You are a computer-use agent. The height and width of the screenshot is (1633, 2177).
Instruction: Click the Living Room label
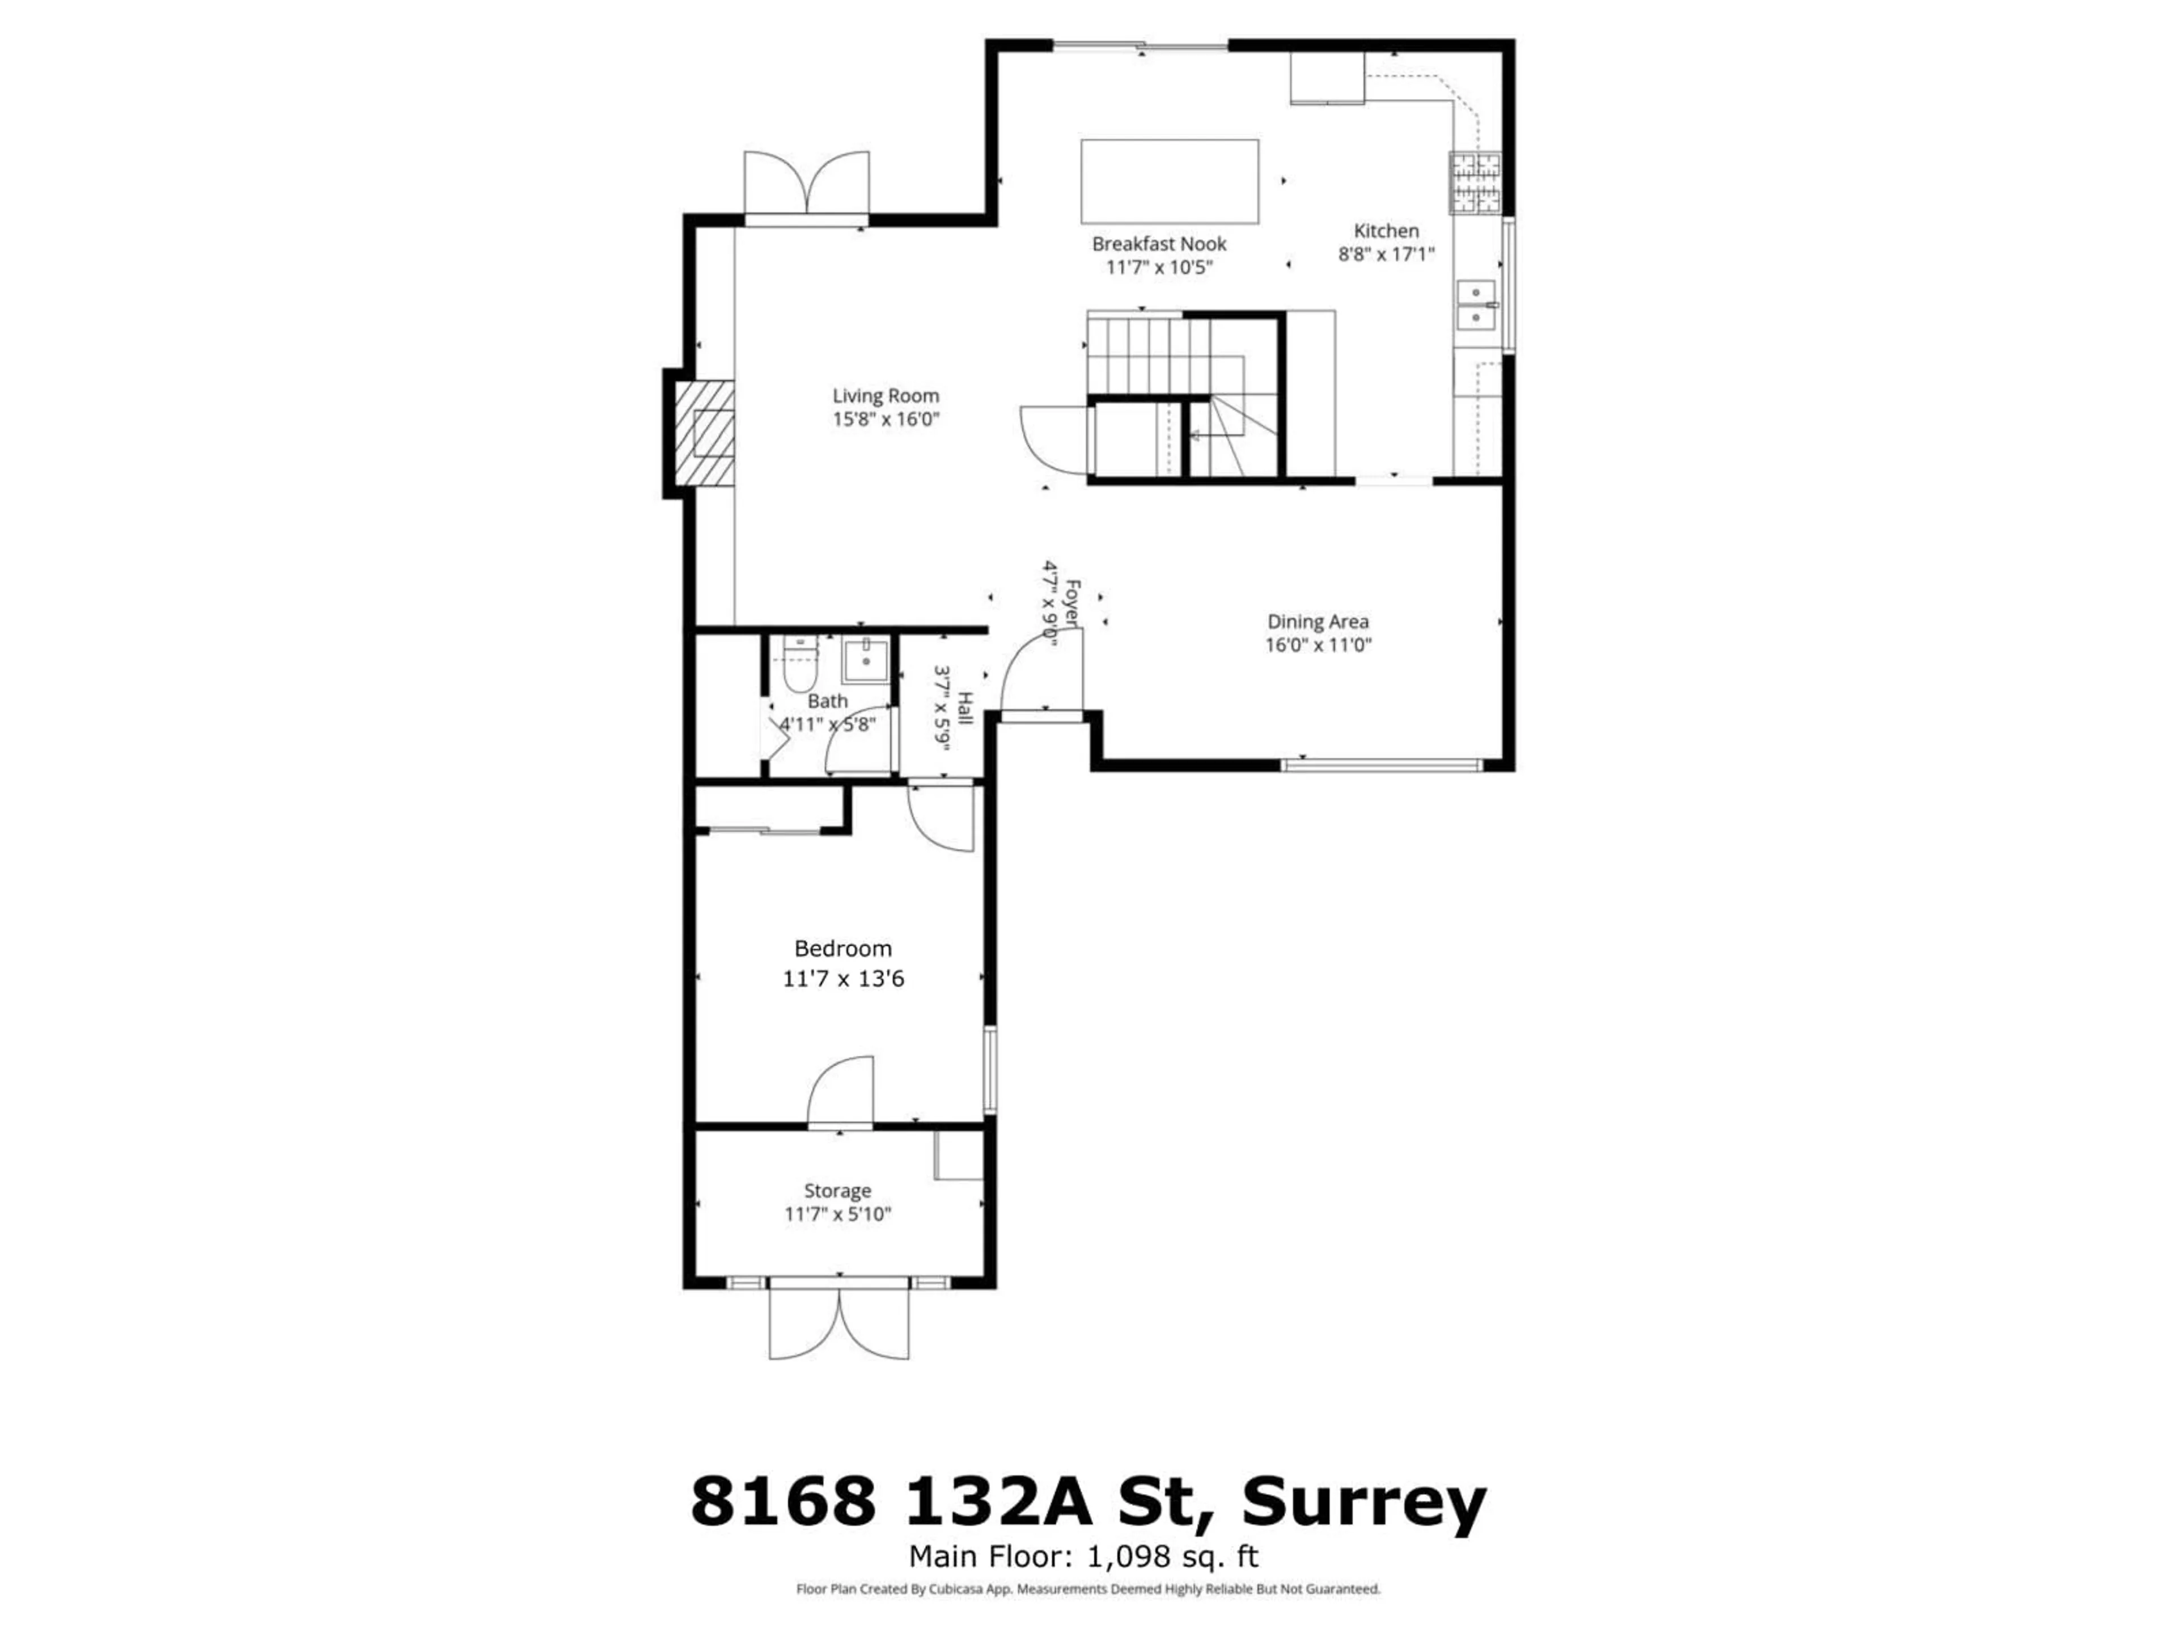(886, 396)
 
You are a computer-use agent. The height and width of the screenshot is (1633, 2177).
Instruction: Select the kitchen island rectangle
(1169, 182)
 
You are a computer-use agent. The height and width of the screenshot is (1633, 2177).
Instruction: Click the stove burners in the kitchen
(1475, 183)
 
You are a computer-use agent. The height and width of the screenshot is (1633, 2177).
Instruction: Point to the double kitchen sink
(1476, 305)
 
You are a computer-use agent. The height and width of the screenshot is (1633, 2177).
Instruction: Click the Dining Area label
(1318, 621)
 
